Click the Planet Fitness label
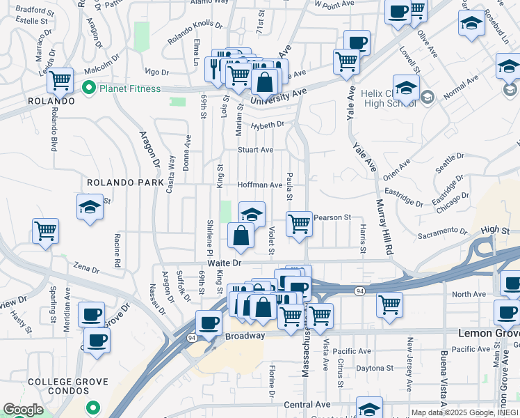(x=130, y=88)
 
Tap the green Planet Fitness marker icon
(x=88, y=88)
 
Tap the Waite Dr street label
(x=223, y=263)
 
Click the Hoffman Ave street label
(x=260, y=185)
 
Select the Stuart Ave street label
(x=255, y=150)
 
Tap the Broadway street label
(x=245, y=336)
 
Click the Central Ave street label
(x=307, y=404)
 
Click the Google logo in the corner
(x=23, y=410)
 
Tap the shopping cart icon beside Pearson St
(x=299, y=224)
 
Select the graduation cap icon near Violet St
(x=252, y=213)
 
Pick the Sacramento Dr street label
(x=444, y=231)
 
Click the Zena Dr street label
(x=87, y=268)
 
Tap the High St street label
(x=495, y=229)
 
